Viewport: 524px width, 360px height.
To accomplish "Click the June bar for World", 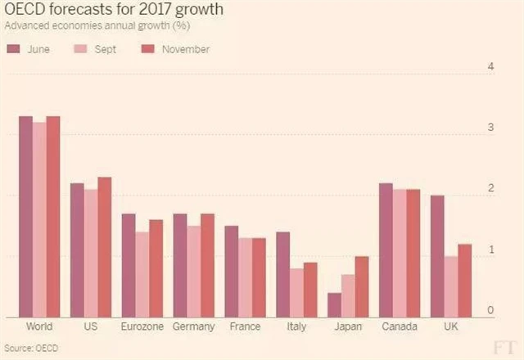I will click(x=25, y=217).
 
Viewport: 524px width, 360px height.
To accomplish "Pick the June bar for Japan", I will click(x=334, y=304).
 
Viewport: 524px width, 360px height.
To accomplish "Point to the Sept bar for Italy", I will click(x=296, y=292).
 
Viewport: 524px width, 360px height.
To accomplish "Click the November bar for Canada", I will click(x=413, y=253).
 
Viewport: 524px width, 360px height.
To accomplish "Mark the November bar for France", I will click(x=259, y=277).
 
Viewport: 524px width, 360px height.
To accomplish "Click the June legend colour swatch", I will click(x=13, y=49).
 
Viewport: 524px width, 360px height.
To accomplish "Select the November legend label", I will click(x=185, y=49).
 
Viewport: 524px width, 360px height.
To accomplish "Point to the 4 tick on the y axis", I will click(x=490, y=67).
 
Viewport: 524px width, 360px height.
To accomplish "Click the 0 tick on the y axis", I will click(x=490, y=311).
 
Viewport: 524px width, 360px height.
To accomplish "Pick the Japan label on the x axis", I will click(x=348, y=327).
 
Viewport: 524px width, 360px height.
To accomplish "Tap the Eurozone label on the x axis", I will click(x=142, y=327).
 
